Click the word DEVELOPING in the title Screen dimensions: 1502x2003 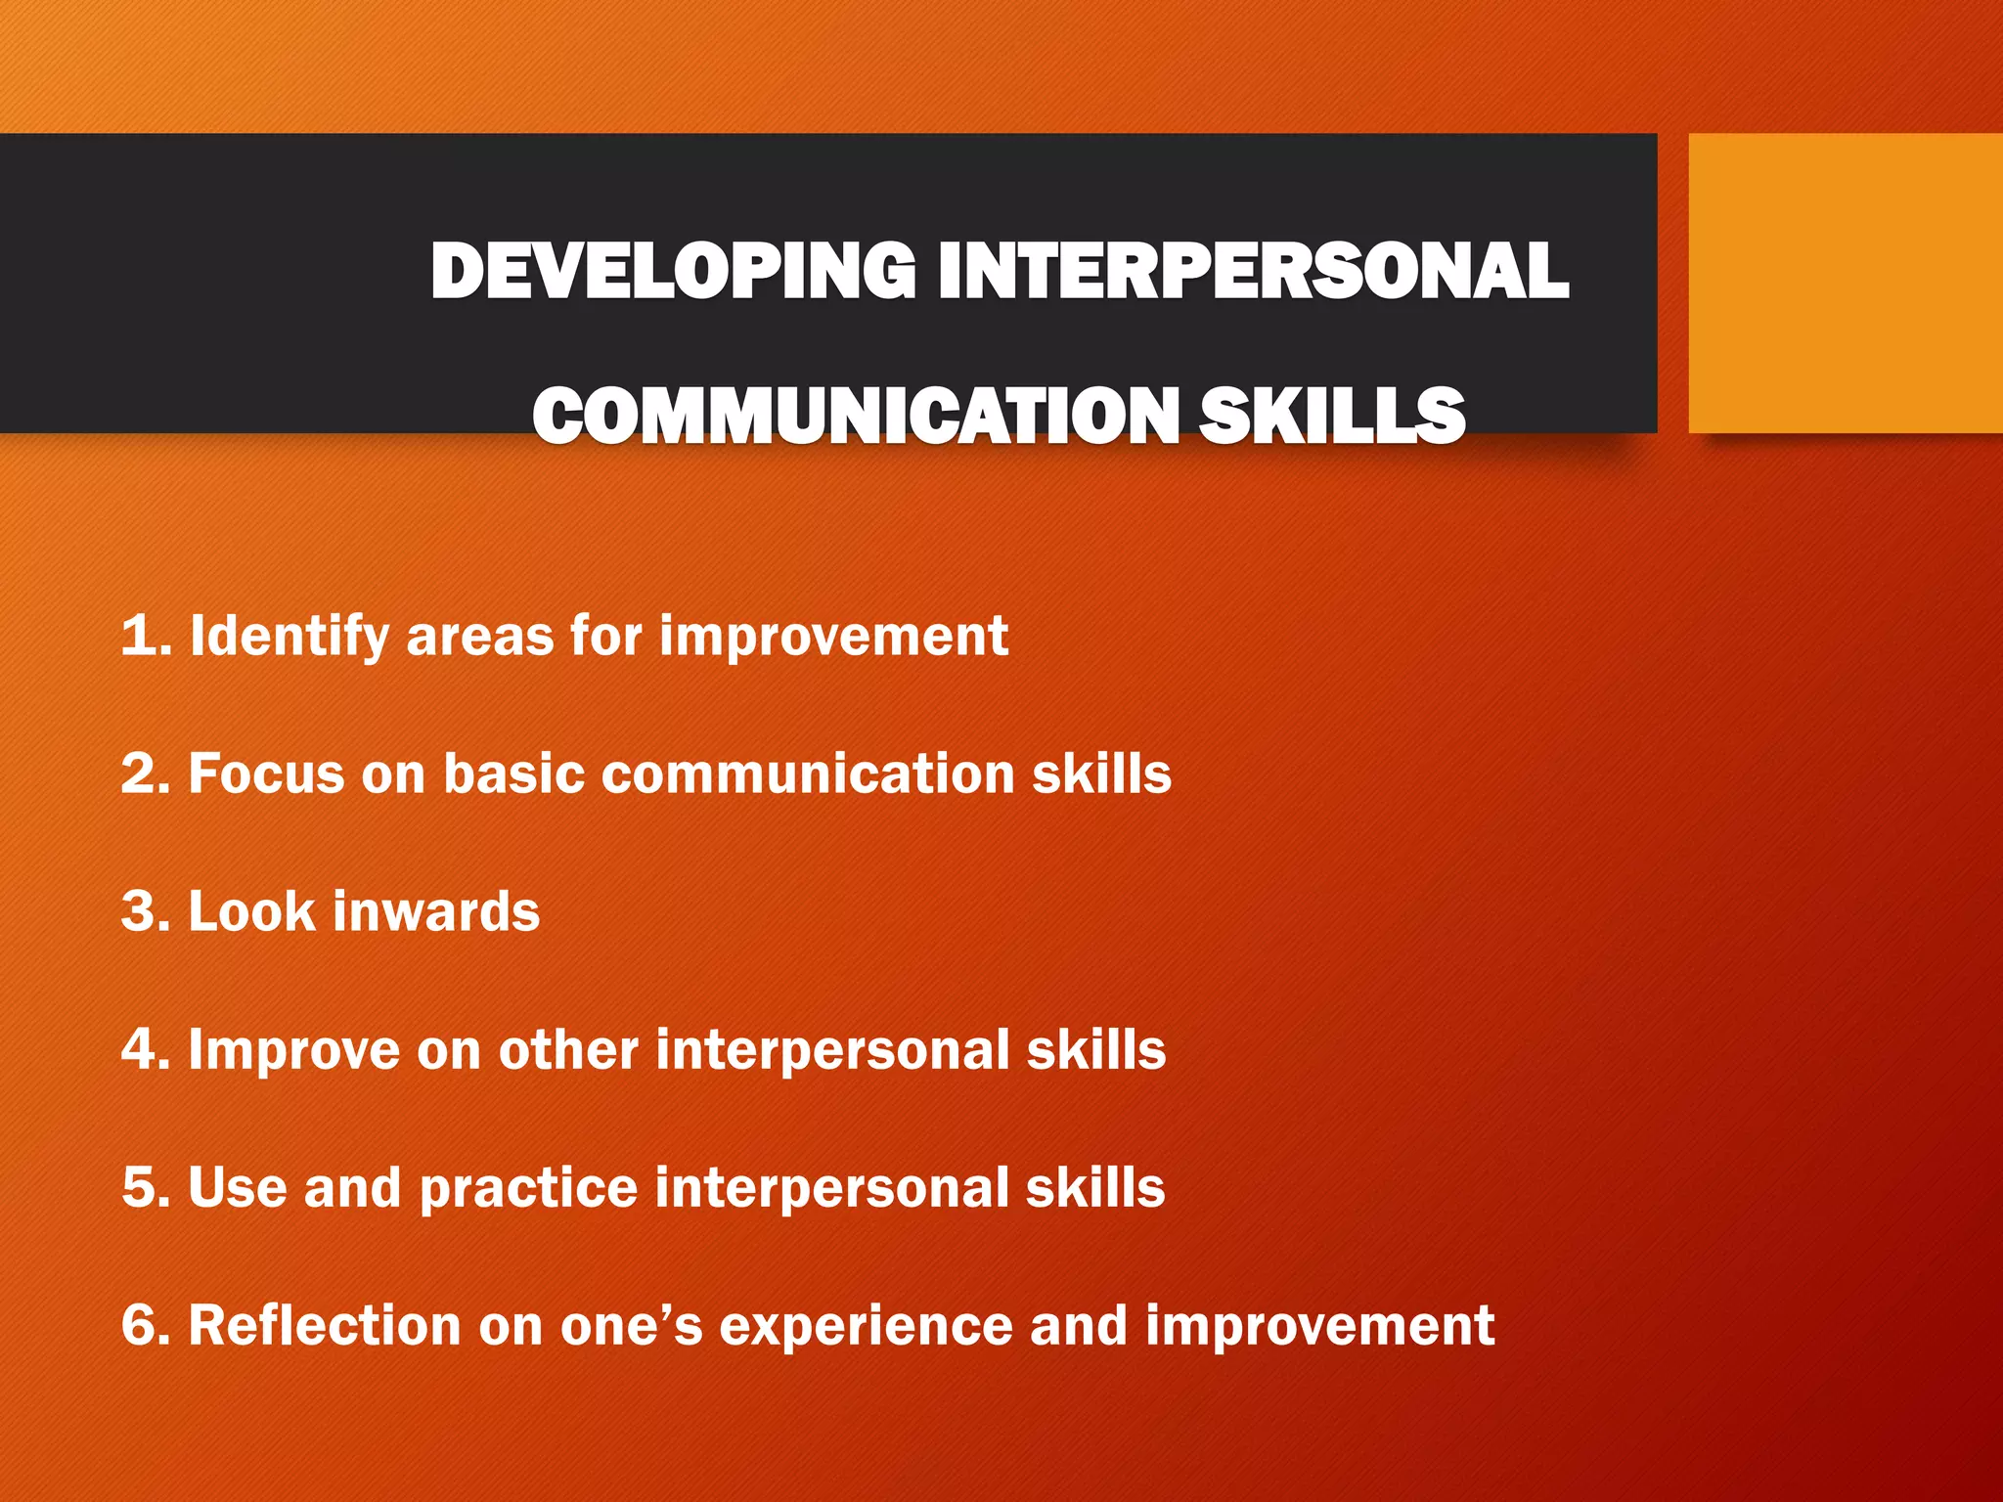(673, 271)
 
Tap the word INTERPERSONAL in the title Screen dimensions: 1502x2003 (1253, 271)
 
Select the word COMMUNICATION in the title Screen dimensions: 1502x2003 (856, 416)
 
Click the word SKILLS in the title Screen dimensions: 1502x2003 (1332, 416)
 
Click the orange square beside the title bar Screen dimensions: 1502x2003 (1845, 284)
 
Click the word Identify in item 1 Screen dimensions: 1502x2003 (289, 638)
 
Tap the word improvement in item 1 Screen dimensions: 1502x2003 (833, 638)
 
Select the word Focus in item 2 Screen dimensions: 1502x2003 (266, 773)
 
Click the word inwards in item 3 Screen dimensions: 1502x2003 (436, 911)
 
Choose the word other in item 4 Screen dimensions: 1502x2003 (568, 1049)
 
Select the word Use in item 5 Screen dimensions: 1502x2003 (237, 1188)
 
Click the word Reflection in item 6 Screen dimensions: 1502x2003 (324, 1326)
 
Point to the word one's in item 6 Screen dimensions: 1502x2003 (631, 1326)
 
